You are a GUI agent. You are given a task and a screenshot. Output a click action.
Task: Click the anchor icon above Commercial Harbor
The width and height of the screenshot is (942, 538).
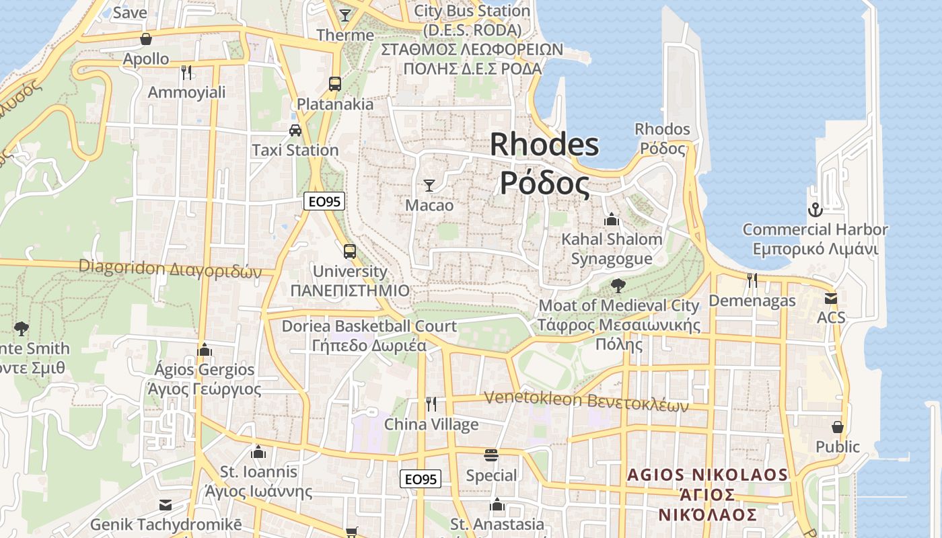(815, 210)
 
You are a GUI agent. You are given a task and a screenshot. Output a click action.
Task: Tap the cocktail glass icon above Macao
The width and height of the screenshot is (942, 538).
(429, 185)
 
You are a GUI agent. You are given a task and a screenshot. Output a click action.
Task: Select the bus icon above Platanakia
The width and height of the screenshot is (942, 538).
(335, 84)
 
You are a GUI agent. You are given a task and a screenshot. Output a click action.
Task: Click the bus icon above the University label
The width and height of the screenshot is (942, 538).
(350, 252)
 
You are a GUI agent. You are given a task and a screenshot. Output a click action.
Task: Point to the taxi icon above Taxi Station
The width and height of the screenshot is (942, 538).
(295, 130)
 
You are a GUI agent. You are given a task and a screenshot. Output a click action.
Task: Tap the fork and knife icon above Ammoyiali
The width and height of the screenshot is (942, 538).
(186, 72)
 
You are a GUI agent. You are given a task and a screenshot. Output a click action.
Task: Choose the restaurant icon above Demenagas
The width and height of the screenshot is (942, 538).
(752, 280)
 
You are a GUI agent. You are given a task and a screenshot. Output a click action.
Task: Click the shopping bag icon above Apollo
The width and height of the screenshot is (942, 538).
(146, 39)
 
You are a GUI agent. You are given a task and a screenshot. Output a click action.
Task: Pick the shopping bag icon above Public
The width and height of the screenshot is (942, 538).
(838, 427)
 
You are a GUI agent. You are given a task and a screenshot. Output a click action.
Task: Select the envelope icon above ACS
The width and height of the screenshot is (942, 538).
(831, 298)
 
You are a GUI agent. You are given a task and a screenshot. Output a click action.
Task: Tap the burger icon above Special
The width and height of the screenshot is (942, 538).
(491, 455)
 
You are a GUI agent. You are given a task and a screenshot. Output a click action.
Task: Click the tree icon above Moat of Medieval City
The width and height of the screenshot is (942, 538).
(618, 286)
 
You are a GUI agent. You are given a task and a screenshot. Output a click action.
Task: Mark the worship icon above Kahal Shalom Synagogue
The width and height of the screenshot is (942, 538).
(612, 219)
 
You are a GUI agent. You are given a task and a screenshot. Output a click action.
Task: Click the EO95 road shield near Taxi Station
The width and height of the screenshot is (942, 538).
(324, 200)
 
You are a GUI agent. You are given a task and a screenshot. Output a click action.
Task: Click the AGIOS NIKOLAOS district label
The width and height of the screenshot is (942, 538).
(707, 475)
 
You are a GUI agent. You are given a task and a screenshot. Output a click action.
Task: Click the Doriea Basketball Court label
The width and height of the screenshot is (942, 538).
(369, 326)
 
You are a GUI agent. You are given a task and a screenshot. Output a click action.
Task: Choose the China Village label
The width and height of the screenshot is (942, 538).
(431, 424)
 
